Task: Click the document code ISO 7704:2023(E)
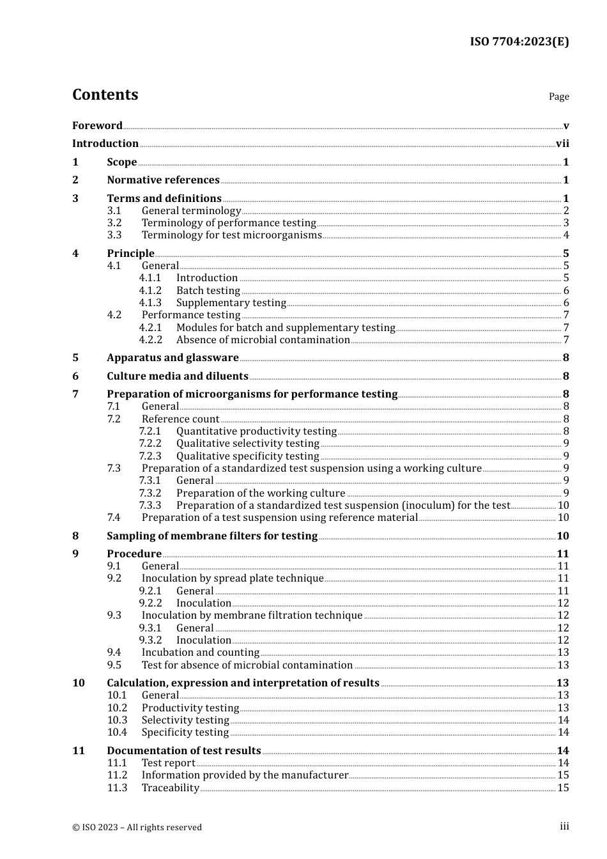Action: [x=519, y=42]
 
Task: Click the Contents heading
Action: [x=105, y=95]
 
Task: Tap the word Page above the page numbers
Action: [x=558, y=97]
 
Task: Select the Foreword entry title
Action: [x=97, y=125]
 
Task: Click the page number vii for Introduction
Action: [x=562, y=144]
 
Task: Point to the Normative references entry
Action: [x=163, y=180]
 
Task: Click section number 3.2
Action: [x=114, y=223]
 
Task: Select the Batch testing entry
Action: [x=208, y=291]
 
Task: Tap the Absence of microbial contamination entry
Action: [x=263, y=340]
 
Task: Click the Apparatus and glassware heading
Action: [x=173, y=358]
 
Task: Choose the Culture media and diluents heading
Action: [x=177, y=376]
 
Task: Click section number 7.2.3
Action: [x=150, y=456]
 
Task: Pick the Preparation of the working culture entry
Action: [x=260, y=493]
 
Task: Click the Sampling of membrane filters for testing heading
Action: [x=211, y=536]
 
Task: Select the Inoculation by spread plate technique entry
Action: [x=233, y=578]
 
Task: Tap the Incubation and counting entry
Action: [x=200, y=653]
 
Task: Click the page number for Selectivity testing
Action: [x=563, y=720]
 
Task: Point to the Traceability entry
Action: [x=170, y=788]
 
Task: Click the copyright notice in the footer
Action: [x=137, y=827]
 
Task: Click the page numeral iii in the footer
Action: [x=564, y=826]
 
